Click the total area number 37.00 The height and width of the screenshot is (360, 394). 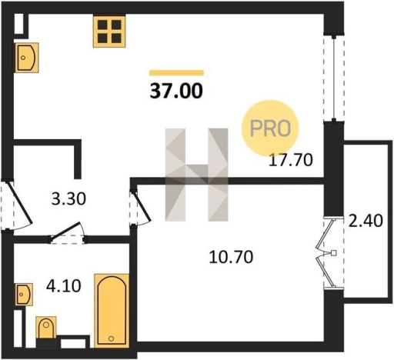[x=176, y=91]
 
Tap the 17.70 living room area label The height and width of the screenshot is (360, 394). [x=291, y=160]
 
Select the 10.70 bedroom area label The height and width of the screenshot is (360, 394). [x=231, y=257]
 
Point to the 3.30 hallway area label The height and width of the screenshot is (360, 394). [x=68, y=199]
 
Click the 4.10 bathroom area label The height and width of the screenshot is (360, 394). [x=64, y=286]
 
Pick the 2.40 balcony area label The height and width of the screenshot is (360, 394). [x=366, y=221]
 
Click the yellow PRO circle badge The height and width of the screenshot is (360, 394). [x=270, y=128]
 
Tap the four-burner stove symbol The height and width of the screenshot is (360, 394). [x=109, y=32]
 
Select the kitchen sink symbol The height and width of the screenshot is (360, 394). [x=27, y=58]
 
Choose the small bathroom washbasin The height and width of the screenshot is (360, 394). [x=24, y=295]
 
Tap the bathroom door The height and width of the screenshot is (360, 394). [x=68, y=232]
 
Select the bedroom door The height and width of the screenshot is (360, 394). [x=141, y=207]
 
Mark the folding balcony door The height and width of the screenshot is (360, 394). [x=326, y=253]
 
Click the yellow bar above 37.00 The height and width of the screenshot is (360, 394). [x=176, y=73]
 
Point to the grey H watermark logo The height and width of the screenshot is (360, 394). [x=196, y=175]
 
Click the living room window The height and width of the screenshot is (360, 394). [x=334, y=78]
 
